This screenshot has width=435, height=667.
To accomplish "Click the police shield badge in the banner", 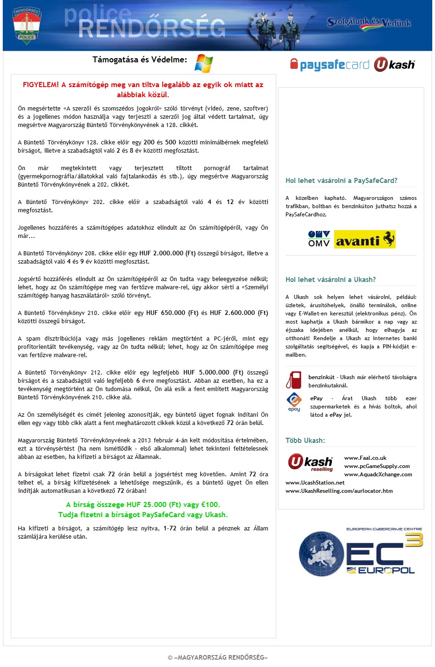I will pyautogui.click(x=27, y=26).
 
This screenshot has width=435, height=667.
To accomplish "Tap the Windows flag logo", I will pyautogui.click(x=204, y=63).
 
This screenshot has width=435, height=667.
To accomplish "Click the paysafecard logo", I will pyautogui.click(x=330, y=65).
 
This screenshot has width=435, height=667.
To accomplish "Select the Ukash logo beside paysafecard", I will pyautogui.click(x=394, y=65).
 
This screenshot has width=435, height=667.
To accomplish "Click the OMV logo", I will pyautogui.click(x=319, y=239).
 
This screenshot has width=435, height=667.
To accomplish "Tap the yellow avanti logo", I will pyautogui.click(x=365, y=239).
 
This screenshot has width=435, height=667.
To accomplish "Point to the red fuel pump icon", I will pyautogui.click(x=294, y=380).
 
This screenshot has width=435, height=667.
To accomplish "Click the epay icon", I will pyautogui.click(x=294, y=402).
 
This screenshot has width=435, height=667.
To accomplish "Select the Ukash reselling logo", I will pyautogui.click(x=311, y=462).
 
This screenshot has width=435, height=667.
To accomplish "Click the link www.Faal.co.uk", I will pyautogui.click(x=365, y=458).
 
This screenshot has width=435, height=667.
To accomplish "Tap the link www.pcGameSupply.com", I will pyautogui.click(x=377, y=466).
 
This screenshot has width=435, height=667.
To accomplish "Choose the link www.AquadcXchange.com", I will pyautogui.click(x=378, y=474).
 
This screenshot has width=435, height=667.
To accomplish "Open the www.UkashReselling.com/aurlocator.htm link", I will pyautogui.click(x=339, y=491).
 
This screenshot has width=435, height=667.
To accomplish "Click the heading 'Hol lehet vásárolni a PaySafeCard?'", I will pyautogui.click(x=341, y=181).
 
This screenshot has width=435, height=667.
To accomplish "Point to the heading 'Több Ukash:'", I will pyautogui.click(x=305, y=441).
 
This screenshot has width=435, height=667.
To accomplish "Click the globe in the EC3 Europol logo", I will pyautogui.click(x=321, y=554).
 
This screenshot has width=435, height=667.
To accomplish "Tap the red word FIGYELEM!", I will pyautogui.click(x=41, y=85).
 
